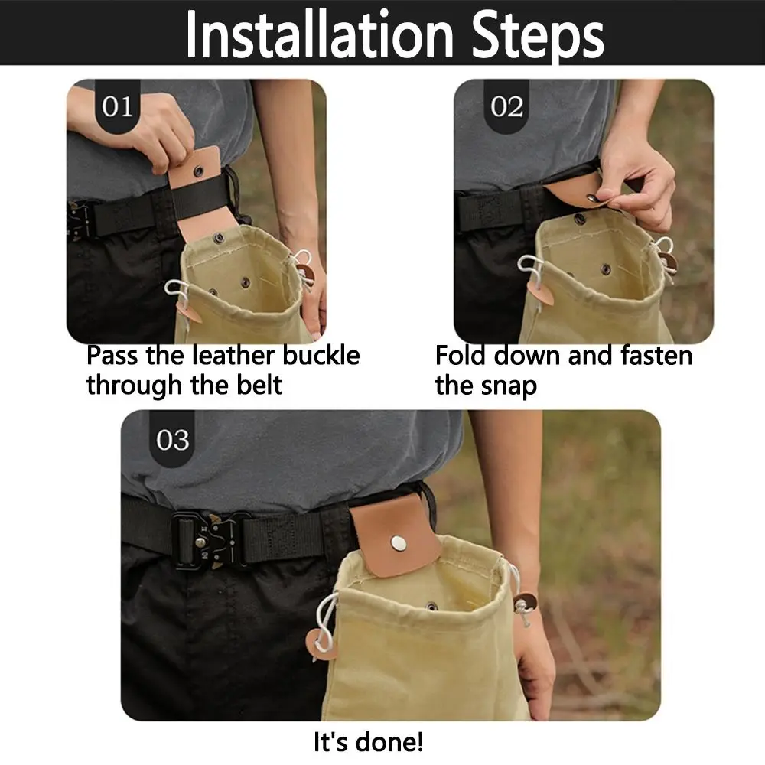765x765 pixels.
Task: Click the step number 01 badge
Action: click(x=117, y=106)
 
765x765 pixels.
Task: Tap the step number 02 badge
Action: click(x=506, y=106)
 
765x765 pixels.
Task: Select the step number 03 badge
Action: click(x=172, y=440)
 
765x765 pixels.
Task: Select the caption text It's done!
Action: click(x=368, y=741)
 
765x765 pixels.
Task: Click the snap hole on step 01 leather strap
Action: click(x=199, y=171)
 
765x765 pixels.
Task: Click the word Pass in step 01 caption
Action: click(x=112, y=356)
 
